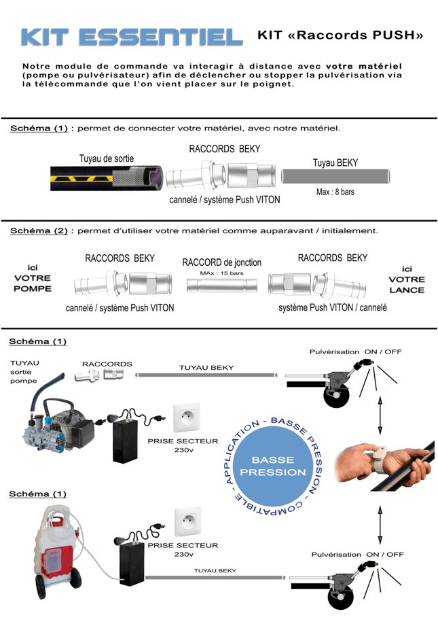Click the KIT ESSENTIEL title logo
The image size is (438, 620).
tap(132, 37)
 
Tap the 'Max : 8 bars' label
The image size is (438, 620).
tap(335, 192)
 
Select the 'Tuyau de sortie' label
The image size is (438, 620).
tap(107, 158)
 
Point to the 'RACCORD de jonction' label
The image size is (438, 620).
tap(221, 262)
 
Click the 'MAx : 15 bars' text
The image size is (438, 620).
tap(221, 273)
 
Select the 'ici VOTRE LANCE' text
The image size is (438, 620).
tap(407, 279)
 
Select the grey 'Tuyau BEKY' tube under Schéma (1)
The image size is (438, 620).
tap(335, 177)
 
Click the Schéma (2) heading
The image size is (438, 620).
tap(39, 230)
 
